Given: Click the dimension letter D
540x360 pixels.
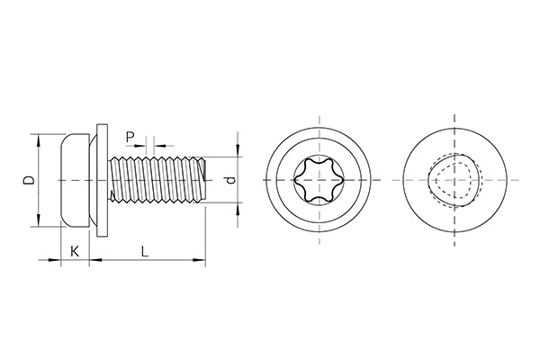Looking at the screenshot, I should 29,181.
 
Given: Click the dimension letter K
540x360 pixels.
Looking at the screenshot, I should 75,253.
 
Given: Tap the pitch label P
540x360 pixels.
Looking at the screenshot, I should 130,136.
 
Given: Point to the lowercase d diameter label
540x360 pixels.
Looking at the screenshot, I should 232,181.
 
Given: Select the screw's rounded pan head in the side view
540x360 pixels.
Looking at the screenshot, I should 76,181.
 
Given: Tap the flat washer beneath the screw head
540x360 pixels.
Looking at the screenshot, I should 100,181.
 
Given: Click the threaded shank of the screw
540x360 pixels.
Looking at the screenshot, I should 157,180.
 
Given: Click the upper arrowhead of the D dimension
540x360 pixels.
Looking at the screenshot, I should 38,139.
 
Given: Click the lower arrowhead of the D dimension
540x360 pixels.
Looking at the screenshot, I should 38,224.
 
